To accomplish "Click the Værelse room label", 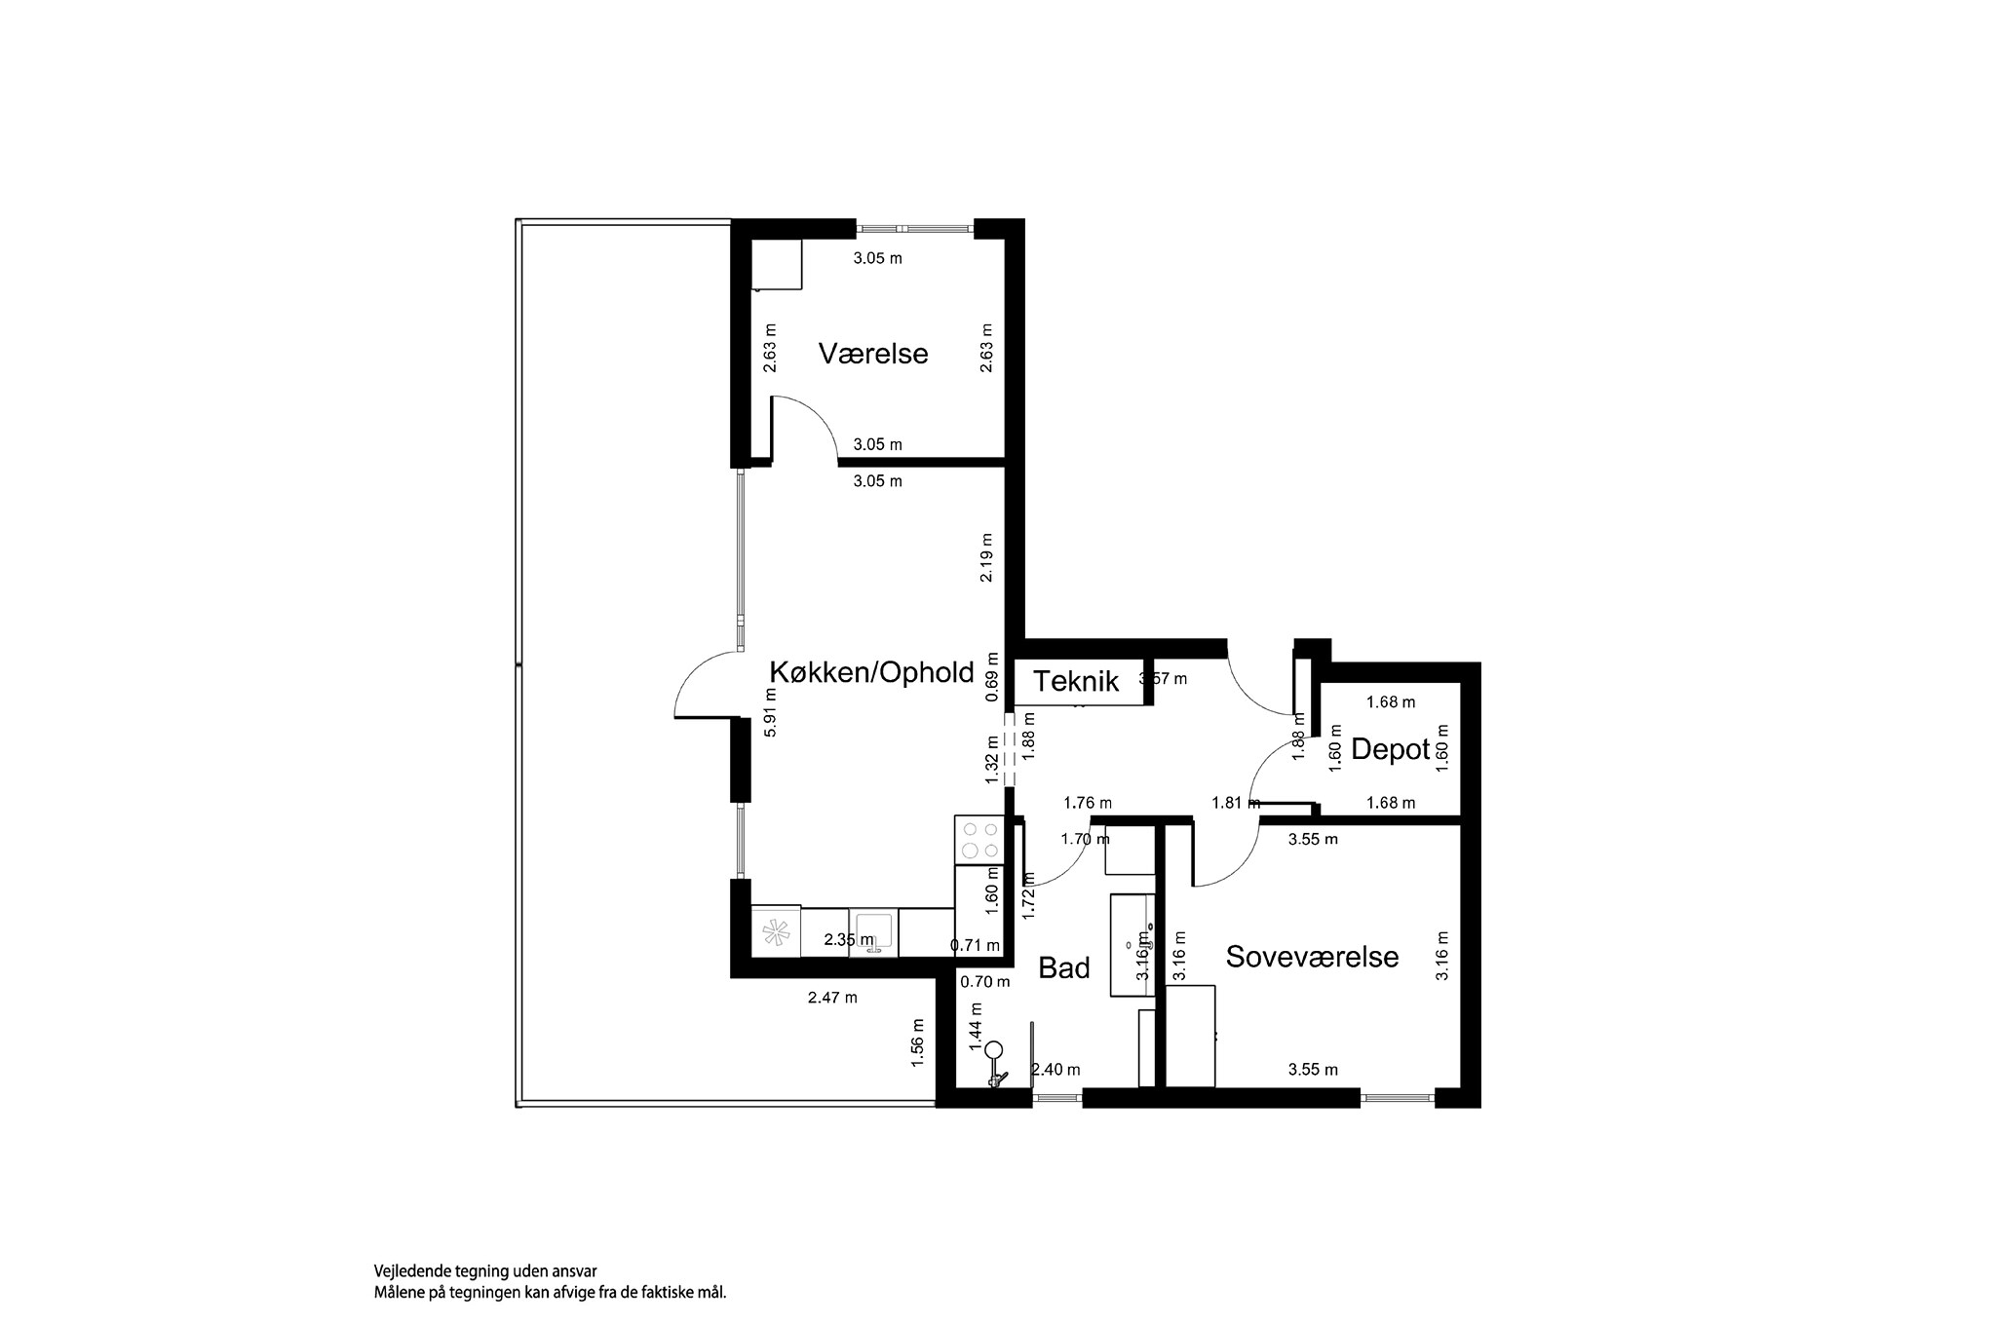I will point(872,353).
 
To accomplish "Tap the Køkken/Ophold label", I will point(871,672).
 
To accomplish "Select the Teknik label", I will point(1076,681).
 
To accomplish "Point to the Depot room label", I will point(1390,749).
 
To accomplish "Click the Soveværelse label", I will point(1312,957).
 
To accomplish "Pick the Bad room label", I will point(1064,967).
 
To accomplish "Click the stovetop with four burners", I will point(979,840).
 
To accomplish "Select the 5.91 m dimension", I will point(770,712).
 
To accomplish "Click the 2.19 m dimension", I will point(987,558).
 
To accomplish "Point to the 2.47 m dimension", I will point(832,998).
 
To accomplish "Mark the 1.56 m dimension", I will point(917,1042).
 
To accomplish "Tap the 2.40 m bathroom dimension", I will point(1056,1070).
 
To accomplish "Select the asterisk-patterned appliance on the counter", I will point(776,933).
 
